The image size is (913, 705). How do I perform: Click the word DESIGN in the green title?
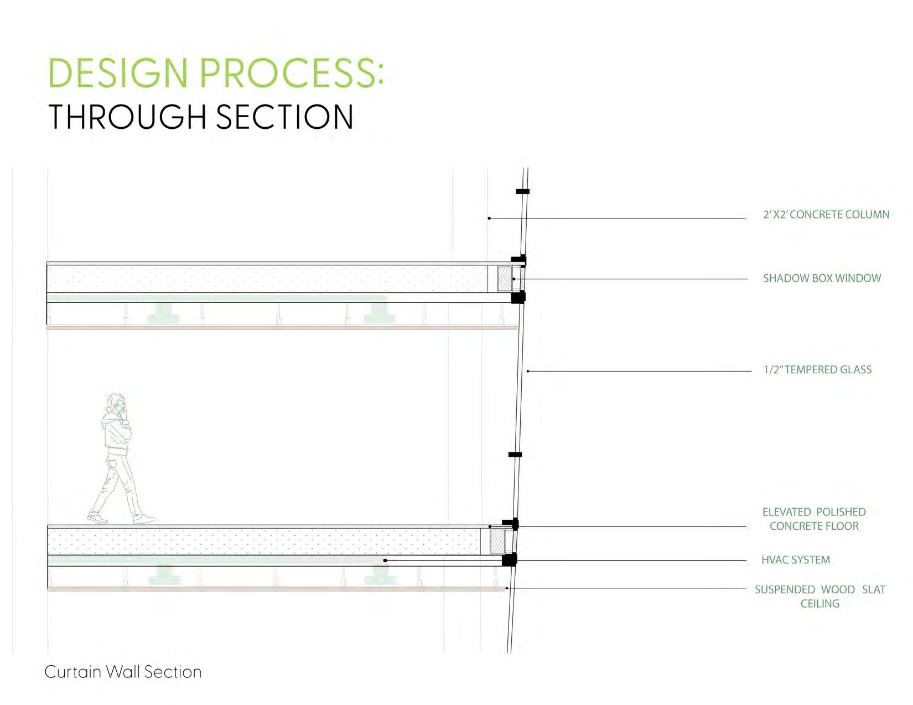point(118,73)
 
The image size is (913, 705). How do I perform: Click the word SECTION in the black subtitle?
point(284,117)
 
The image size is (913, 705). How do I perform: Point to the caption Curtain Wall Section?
point(123,672)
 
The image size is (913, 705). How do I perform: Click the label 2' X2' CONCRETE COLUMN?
point(826,215)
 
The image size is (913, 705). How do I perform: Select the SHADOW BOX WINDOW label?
point(822,278)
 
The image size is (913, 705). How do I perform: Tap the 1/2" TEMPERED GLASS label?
point(817,370)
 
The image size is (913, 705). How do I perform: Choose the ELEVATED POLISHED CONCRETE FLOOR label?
point(814,519)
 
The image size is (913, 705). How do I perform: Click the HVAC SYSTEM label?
point(795,560)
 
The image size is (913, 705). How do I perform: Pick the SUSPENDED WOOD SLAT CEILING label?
point(819,597)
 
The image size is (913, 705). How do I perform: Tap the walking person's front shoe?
point(144,519)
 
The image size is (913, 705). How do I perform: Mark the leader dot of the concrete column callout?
point(489,218)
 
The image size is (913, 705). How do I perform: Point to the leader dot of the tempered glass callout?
point(528,371)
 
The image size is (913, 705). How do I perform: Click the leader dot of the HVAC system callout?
point(385,561)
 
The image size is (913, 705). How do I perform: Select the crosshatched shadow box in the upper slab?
point(504,279)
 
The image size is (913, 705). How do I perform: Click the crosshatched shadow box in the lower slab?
point(497,541)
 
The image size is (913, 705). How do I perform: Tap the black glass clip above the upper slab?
point(522,192)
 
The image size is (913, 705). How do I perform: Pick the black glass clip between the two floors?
point(515,455)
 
